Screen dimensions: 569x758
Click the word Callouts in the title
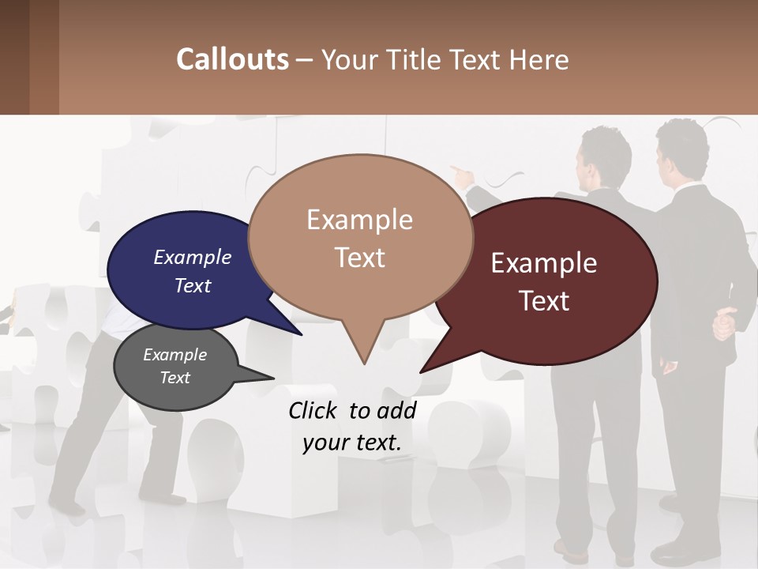click(x=232, y=59)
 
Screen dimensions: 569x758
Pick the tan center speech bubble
click(x=360, y=237)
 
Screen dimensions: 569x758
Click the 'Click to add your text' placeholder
click(x=352, y=426)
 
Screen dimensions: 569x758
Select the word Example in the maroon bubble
click(x=544, y=263)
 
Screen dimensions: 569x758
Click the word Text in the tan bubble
click(x=360, y=258)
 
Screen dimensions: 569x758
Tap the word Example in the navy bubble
click(x=193, y=257)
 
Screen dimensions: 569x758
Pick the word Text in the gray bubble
click(x=175, y=378)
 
